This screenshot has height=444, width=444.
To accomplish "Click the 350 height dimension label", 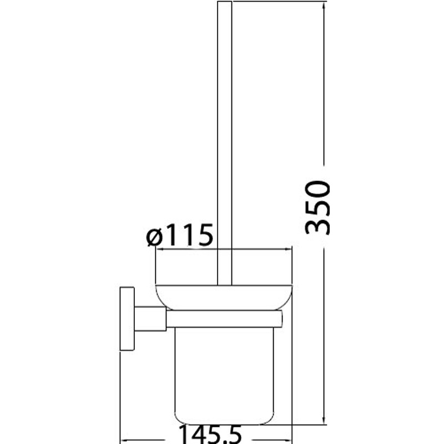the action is [317, 208].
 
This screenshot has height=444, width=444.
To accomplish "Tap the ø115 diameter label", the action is [179, 235].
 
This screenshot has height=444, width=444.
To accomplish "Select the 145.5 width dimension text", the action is [210, 435].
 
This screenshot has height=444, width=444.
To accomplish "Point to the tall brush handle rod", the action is [225, 143].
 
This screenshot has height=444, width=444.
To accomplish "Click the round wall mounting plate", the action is [127, 319].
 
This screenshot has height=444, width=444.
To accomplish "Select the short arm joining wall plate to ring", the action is [150, 319].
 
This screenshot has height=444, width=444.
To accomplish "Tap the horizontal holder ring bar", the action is [224, 319].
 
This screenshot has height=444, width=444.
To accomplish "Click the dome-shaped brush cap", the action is [224, 297].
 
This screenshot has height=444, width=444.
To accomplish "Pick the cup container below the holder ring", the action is [224, 376].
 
